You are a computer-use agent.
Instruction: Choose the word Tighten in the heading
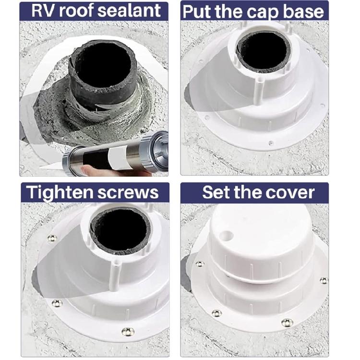click(59, 192)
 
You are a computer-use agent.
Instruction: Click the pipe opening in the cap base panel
click(264, 50)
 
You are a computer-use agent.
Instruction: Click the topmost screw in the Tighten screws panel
click(52, 238)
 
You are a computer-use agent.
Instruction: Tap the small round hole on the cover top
click(227, 236)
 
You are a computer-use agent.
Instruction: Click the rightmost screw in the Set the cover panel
click(324, 280)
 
